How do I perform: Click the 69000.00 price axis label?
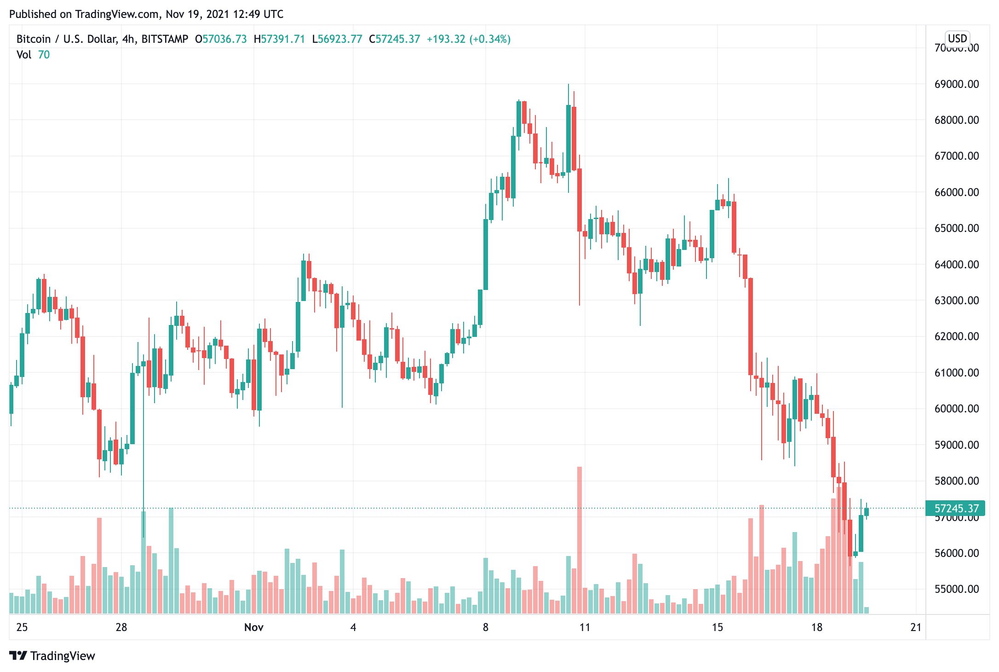pos(956,84)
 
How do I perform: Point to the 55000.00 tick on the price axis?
pos(956,589)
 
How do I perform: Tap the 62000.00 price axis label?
pos(956,336)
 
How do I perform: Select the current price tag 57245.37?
pos(956,509)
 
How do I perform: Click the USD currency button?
pos(958,39)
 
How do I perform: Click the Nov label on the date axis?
pos(254,627)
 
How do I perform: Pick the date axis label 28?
pos(121,627)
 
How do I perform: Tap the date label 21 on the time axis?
pos(916,627)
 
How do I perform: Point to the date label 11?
pos(585,627)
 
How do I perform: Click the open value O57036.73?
pos(221,39)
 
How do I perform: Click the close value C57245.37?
pos(395,39)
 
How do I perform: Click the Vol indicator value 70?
pos(44,55)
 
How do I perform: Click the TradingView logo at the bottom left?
pos(52,655)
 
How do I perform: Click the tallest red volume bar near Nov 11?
pos(580,539)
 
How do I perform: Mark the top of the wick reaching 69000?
pos(568,85)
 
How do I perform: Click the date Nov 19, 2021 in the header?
pos(197,14)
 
